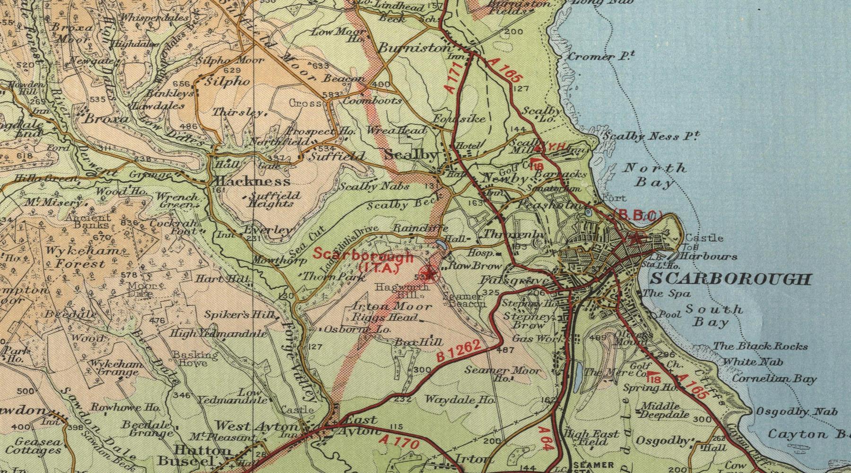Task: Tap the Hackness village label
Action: pos(252,182)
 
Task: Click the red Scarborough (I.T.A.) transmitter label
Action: pos(363,261)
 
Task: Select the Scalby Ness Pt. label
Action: pos(651,137)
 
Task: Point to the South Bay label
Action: pos(714,316)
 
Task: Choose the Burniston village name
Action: pos(415,48)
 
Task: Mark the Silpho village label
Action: pos(227,81)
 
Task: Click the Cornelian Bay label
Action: pos(774,379)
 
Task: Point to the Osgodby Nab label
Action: pos(796,412)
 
